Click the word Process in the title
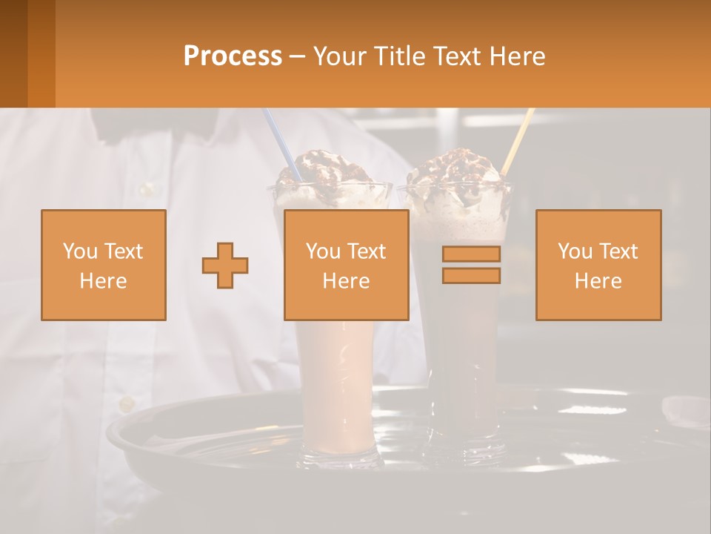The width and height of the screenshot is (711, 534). click(x=233, y=56)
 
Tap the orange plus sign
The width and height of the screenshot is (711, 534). click(x=225, y=265)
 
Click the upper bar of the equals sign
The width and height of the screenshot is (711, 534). click(x=471, y=254)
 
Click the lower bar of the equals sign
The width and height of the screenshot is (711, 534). click(x=471, y=275)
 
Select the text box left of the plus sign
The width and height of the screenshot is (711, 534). click(x=104, y=265)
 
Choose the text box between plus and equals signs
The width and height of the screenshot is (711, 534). click(x=347, y=265)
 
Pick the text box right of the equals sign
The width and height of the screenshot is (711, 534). click(x=598, y=265)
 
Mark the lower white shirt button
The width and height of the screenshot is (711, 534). click(x=127, y=404)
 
